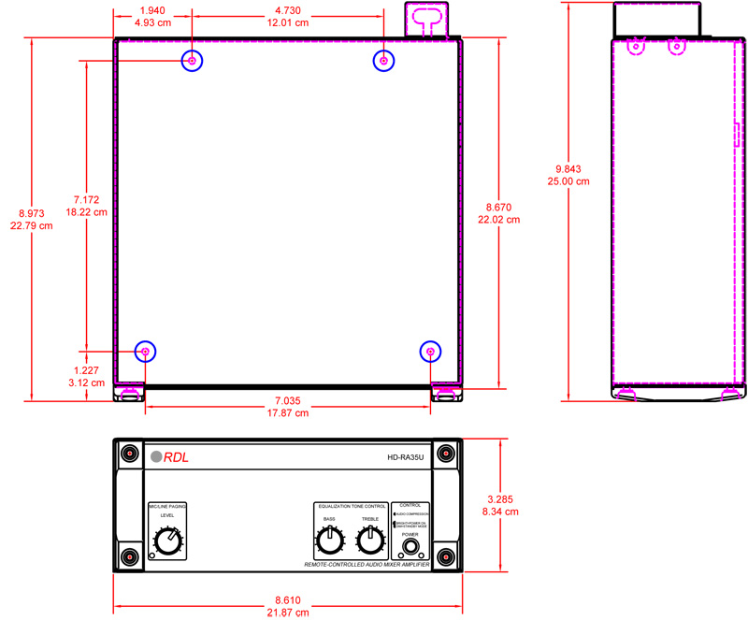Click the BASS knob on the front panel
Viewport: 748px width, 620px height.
pyautogui.click(x=329, y=540)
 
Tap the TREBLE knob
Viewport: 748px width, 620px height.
pyautogui.click(x=370, y=539)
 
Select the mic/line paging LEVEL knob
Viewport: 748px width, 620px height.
pyautogui.click(x=167, y=541)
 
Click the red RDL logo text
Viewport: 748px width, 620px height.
pyautogui.click(x=177, y=457)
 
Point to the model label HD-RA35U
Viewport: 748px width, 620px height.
pyautogui.click(x=406, y=457)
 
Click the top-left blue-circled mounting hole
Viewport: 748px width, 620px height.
pyautogui.click(x=192, y=61)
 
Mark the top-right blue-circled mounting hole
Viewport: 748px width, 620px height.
pyautogui.click(x=383, y=61)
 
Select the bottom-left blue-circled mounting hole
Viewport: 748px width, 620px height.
pyautogui.click(x=145, y=352)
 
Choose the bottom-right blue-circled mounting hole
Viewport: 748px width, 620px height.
pyautogui.click(x=430, y=352)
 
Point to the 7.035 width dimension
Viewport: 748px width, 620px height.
pyautogui.click(x=288, y=399)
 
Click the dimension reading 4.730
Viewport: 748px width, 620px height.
pyautogui.click(x=288, y=10)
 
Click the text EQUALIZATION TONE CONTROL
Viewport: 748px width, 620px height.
pyautogui.click(x=351, y=505)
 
